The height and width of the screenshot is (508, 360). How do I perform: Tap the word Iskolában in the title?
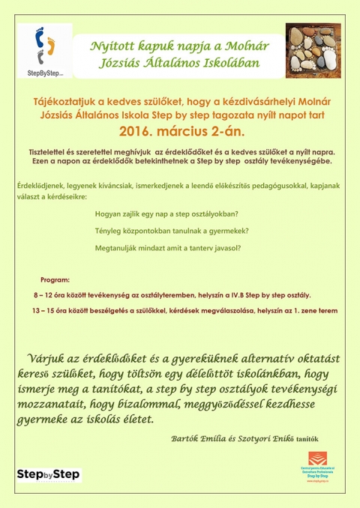(230, 63)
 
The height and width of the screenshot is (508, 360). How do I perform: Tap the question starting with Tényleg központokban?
(172, 231)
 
